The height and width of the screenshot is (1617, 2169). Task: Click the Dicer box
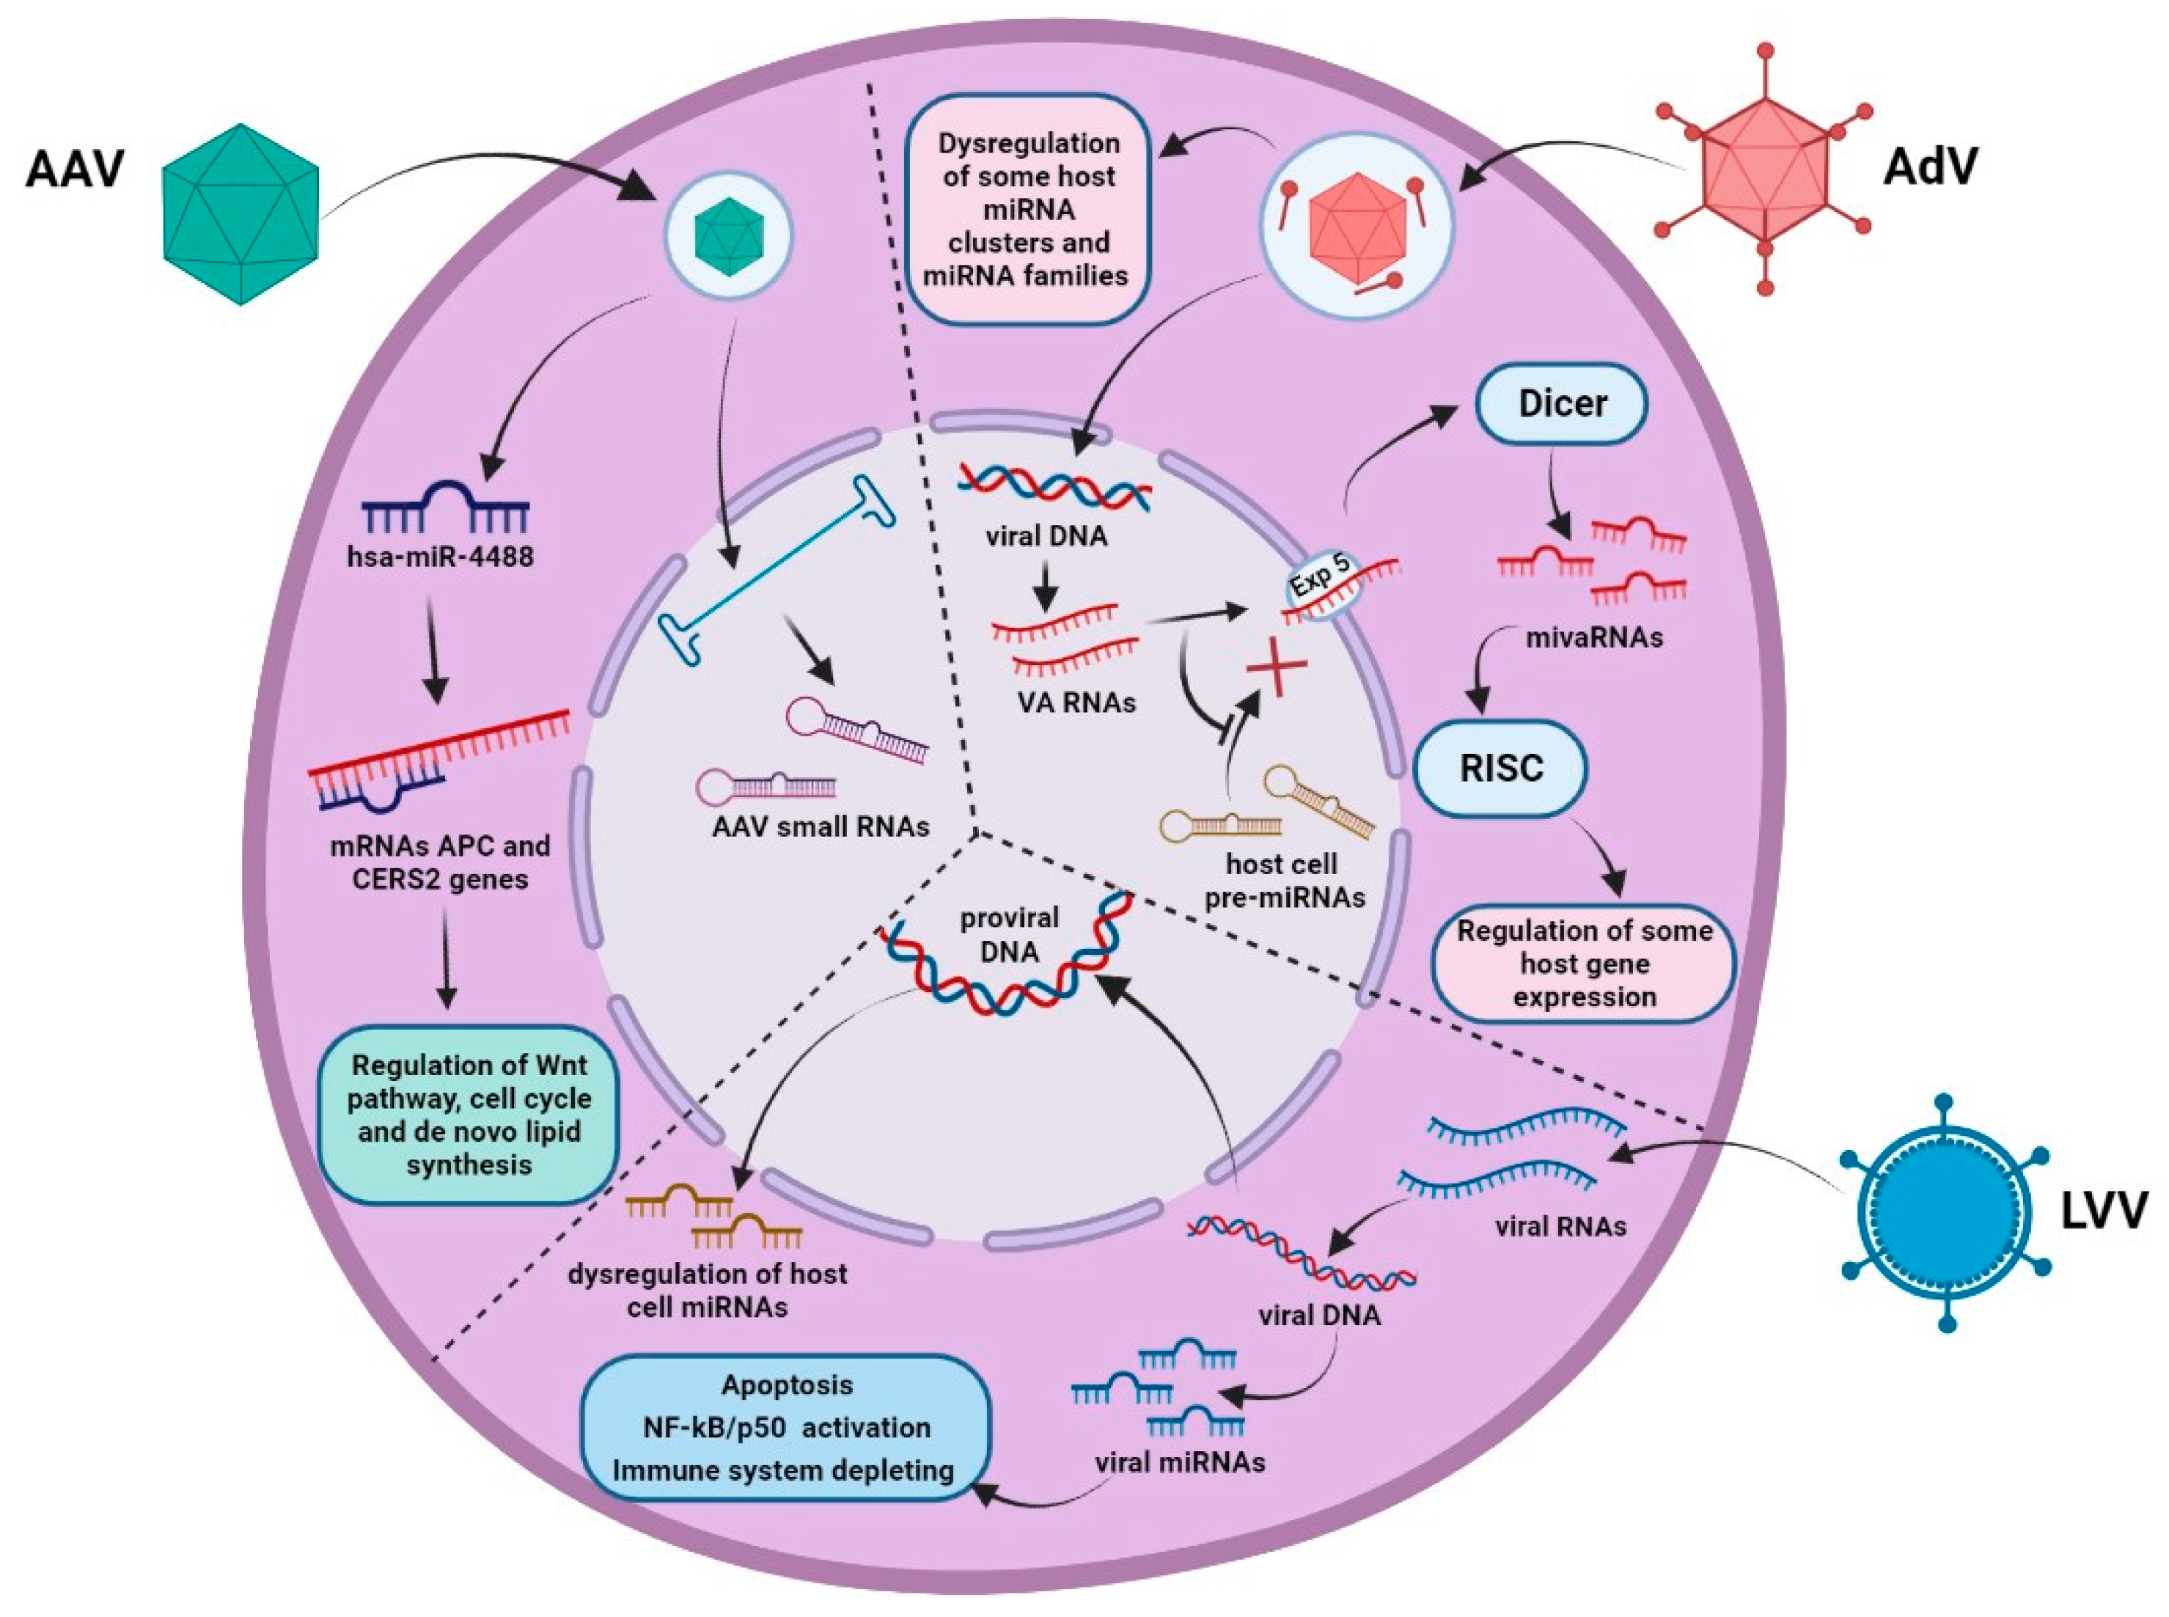1560,403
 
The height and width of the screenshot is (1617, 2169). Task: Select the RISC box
1500,769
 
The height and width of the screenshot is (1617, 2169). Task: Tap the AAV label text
76,169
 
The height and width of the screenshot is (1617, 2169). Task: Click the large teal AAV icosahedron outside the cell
241,214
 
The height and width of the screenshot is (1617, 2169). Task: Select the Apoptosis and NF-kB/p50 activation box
786,1427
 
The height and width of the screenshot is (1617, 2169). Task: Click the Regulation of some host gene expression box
1584,963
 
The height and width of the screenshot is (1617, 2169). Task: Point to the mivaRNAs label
1593,638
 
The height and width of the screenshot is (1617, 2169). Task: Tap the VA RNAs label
1076,702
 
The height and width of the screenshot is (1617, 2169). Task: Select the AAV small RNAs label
821,826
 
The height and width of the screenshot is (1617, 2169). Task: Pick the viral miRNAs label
1179,1462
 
